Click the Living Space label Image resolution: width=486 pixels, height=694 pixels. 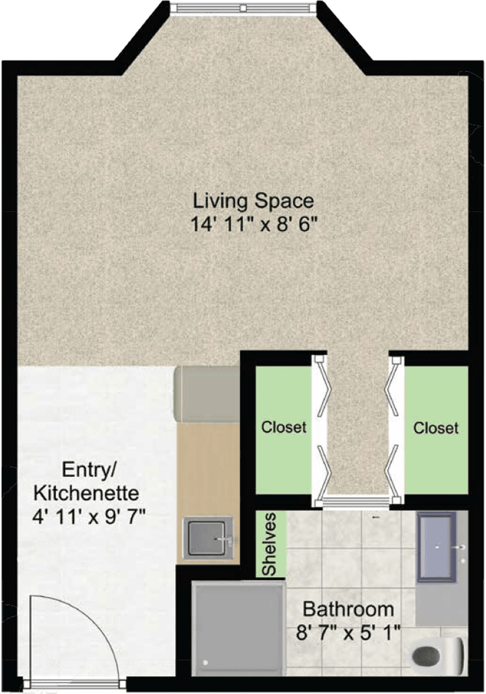(x=253, y=202)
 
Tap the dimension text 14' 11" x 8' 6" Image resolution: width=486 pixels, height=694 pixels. (x=254, y=224)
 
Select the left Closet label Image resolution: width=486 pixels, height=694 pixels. (x=284, y=427)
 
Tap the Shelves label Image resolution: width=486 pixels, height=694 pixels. (x=269, y=544)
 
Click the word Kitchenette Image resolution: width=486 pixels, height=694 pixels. (x=86, y=493)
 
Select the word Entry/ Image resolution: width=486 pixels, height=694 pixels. (x=89, y=470)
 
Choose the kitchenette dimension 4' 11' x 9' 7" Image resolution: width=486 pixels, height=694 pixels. (x=89, y=517)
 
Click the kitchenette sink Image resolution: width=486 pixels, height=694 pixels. (x=208, y=538)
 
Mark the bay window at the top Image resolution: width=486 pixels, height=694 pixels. (x=244, y=8)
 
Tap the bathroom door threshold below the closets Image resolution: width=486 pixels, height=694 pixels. (x=356, y=500)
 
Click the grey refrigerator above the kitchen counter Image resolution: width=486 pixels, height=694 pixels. (x=207, y=393)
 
